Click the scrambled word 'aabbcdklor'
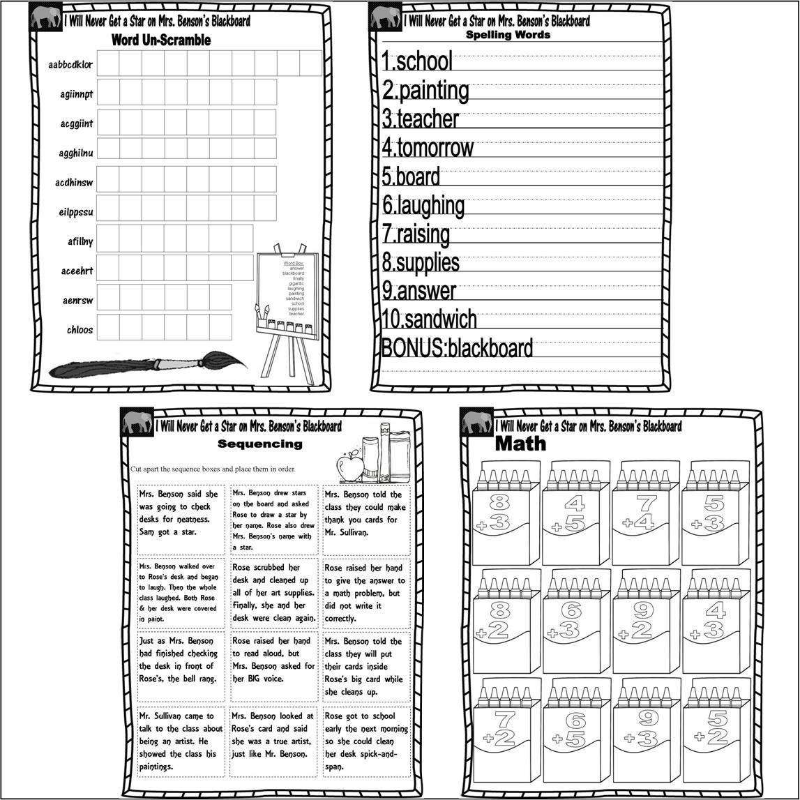70,65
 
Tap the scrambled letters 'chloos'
80,330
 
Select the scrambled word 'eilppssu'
76,212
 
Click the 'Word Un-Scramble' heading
160,40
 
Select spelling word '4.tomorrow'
428,148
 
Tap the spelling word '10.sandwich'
429,319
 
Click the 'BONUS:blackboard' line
457,347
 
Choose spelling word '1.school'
417,61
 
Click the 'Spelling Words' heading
508,34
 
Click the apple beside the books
352,463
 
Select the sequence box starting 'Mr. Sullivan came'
181,740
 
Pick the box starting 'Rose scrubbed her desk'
273,592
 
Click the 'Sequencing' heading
260,444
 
